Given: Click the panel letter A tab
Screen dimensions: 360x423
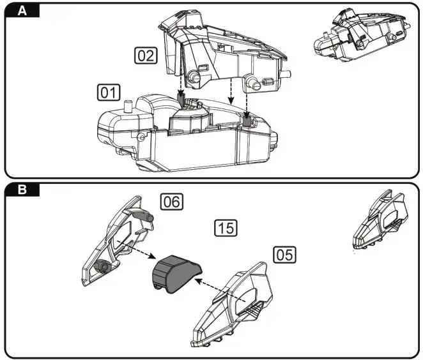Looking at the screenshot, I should (x=22, y=11).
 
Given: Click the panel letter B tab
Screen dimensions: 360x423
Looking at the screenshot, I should (x=22, y=190).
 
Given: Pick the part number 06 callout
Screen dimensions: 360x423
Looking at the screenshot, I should (x=171, y=202).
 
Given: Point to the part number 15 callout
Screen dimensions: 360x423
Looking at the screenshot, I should (x=226, y=227).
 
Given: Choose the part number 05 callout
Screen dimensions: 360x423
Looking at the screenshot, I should (x=285, y=254).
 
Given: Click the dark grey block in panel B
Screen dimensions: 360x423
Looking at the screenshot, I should (x=174, y=271).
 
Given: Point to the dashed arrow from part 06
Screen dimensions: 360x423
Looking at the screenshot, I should (x=134, y=249).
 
